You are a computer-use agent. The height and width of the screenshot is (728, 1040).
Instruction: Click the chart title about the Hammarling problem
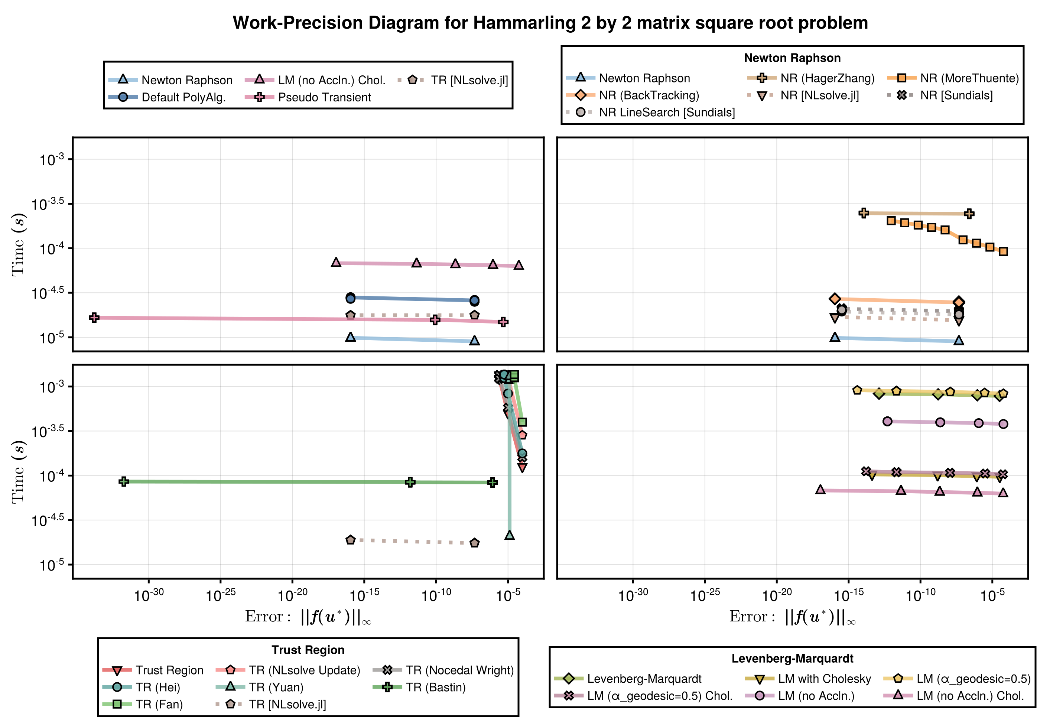pyautogui.click(x=550, y=23)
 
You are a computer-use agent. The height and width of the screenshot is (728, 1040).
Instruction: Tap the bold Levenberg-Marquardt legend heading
pyautogui.click(x=792, y=658)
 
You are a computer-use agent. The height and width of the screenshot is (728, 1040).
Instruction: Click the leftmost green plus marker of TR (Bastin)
pyautogui.click(x=124, y=482)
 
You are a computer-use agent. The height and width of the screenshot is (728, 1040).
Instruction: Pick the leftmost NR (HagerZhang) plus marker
pyautogui.click(x=864, y=213)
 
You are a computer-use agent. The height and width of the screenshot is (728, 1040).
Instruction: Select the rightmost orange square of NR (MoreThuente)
pyautogui.click(x=1003, y=251)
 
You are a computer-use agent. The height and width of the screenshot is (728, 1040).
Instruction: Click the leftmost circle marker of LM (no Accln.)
pyautogui.click(x=887, y=421)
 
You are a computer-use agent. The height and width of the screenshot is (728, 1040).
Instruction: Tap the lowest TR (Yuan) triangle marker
pyautogui.click(x=510, y=535)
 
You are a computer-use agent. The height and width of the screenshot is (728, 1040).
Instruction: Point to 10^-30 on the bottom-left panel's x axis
pyautogui.click(x=149, y=595)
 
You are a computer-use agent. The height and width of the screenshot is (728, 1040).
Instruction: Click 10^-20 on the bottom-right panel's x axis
pyautogui.click(x=776, y=595)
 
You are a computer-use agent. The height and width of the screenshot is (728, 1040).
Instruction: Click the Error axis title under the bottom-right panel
pyautogui.click(x=792, y=617)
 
